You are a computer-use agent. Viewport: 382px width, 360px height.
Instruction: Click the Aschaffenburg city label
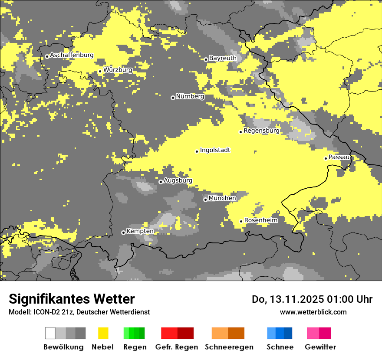tap(72, 56)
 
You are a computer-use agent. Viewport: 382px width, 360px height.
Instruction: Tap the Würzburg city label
tap(118, 70)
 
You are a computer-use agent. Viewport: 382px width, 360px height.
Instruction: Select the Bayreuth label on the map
tap(223, 58)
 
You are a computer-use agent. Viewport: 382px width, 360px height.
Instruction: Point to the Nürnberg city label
tap(190, 97)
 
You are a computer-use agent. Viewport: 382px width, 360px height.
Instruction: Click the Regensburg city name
tap(261, 131)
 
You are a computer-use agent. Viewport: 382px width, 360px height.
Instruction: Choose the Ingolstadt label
tap(215, 151)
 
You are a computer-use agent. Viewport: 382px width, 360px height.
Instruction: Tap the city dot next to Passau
tap(326, 158)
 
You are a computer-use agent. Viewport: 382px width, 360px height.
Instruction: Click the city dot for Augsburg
tap(161, 182)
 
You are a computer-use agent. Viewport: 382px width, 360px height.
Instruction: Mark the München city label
tap(222, 198)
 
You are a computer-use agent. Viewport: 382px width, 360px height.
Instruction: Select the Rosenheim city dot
tap(241, 221)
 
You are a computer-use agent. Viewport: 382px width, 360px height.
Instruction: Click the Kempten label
tap(140, 231)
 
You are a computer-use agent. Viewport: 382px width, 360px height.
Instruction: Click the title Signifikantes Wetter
tap(72, 299)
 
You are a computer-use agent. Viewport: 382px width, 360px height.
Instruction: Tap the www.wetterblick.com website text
tap(313, 312)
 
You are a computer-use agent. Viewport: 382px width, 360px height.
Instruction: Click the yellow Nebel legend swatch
tap(103, 333)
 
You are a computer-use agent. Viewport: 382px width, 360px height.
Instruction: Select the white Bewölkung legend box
tap(50, 333)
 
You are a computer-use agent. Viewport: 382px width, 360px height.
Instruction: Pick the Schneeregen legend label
tap(229, 347)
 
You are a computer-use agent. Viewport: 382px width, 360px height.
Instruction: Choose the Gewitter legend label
tap(320, 347)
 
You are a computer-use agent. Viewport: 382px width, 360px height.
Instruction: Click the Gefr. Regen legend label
tap(177, 347)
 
